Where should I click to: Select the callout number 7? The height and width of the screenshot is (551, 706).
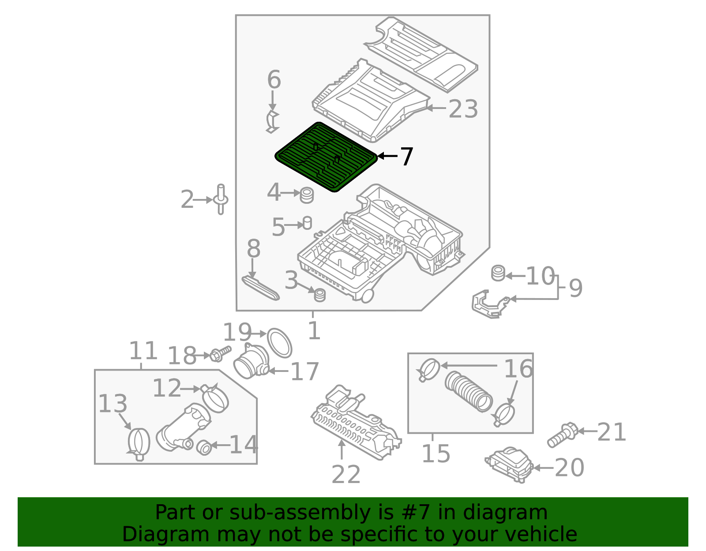pos(406,157)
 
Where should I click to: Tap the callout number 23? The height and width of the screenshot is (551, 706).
pos(463,109)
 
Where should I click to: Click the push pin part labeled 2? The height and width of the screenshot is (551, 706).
pos(221,199)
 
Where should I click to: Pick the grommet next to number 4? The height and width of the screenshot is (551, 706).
pos(307,195)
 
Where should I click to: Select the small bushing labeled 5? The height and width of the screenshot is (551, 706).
pos(308,223)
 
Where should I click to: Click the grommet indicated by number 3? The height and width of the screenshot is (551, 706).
pos(319,295)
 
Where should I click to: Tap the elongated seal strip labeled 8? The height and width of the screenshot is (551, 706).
pos(261,288)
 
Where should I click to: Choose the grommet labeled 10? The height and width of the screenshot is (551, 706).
pos(498,273)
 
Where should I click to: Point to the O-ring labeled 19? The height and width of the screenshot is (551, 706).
pos(280,342)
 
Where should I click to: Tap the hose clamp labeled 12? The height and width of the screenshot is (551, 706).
pos(215,398)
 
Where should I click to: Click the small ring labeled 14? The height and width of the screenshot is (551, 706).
pos(204,447)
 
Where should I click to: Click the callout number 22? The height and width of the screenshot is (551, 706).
pos(346,475)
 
